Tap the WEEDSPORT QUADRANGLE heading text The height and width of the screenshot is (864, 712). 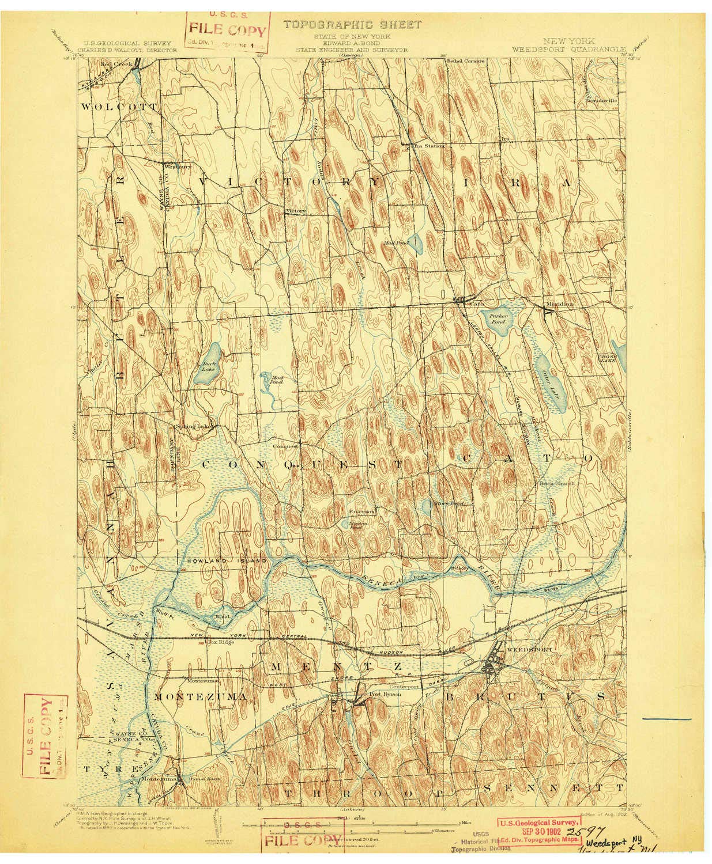[567, 50]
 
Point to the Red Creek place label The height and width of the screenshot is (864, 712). [115, 63]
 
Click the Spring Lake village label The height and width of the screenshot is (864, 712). [194, 427]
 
